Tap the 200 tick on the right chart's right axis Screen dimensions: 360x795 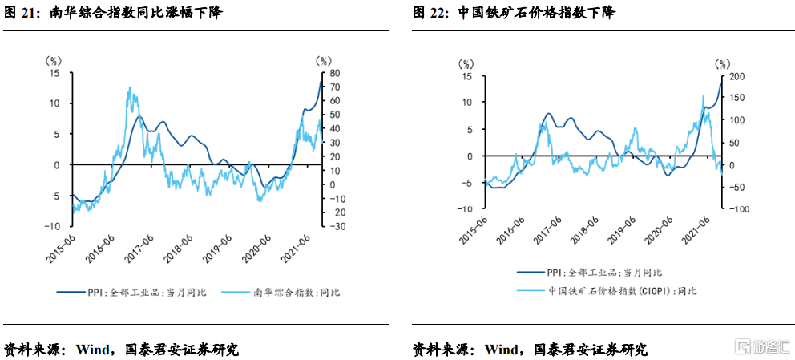pos(737,76)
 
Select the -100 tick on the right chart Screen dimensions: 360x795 pos(739,209)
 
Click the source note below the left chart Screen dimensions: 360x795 pos(121,350)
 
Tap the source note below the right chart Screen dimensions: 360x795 pos(530,350)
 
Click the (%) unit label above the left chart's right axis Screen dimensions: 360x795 pos(323,59)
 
